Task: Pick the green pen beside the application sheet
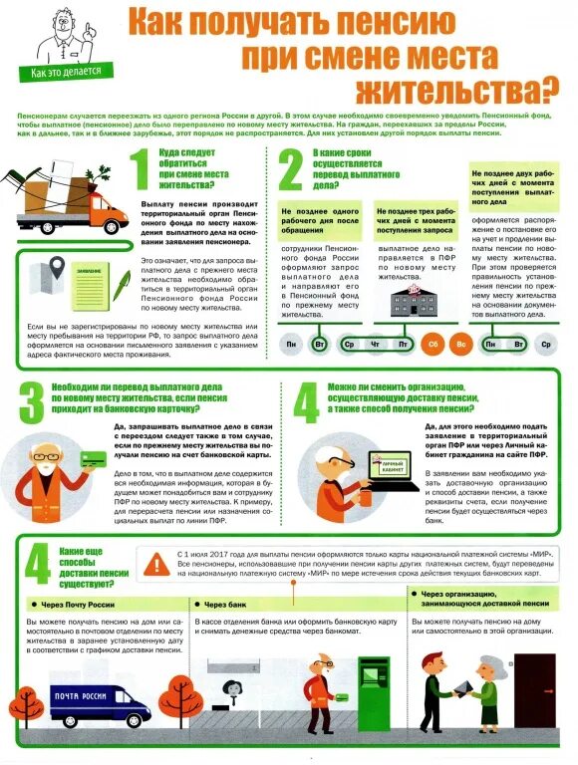(121, 286)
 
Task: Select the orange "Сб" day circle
(433, 345)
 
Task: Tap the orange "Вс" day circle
(460, 345)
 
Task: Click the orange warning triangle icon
(155, 565)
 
